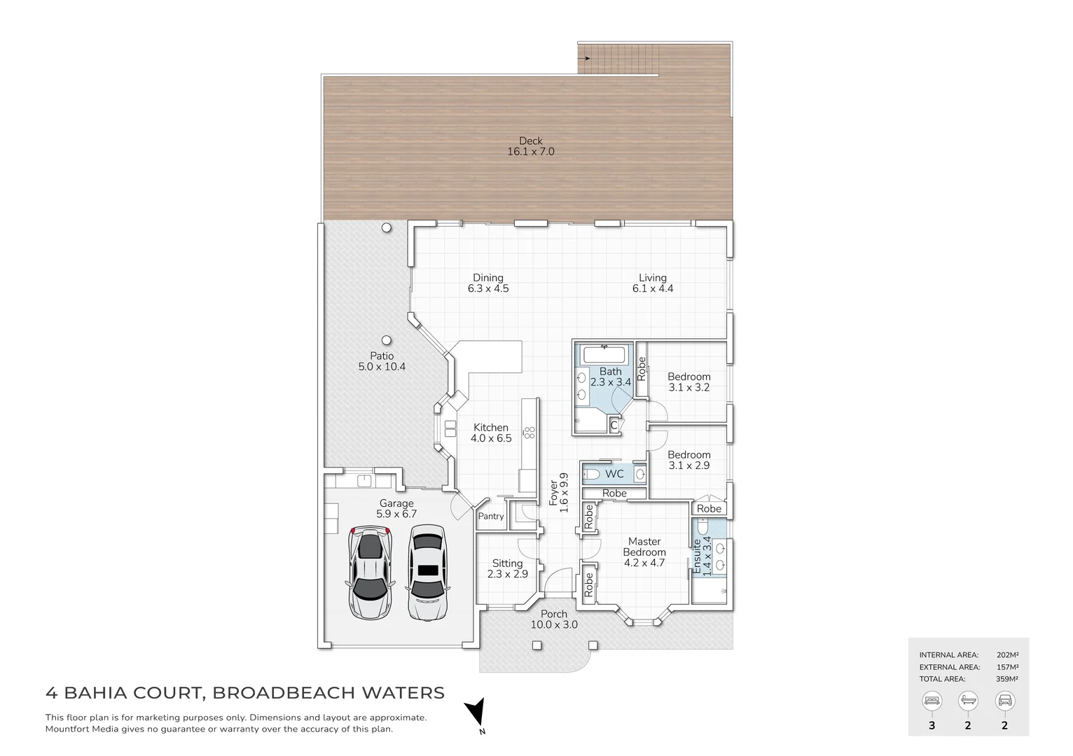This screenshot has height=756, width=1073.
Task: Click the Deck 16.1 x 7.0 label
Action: [x=530, y=146]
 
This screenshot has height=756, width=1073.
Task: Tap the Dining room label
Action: [x=487, y=283]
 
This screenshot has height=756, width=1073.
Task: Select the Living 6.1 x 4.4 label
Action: [x=652, y=283]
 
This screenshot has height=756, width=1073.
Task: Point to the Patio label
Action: [x=382, y=361]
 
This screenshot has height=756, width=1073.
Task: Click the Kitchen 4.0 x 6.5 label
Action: [x=490, y=433]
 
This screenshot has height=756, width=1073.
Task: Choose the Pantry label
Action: [x=490, y=516]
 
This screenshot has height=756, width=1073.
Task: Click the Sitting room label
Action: [x=507, y=568]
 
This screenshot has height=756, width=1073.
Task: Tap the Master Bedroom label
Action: [x=644, y=552]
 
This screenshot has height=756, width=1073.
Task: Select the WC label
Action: [x=614, y=474]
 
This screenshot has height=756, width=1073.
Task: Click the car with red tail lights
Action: [x=370, y=572]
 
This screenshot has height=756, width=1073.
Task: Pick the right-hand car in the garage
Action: [x=427, y=572]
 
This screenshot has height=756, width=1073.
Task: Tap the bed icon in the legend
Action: [x=932, y=700]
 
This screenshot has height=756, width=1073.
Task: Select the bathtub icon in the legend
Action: [x=968, y=700]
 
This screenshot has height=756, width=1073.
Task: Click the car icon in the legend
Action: [x=1004, y=700]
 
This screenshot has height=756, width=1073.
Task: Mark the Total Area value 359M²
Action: [x=1006, y=678]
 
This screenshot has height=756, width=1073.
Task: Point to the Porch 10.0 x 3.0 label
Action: [x=553, y=619]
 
